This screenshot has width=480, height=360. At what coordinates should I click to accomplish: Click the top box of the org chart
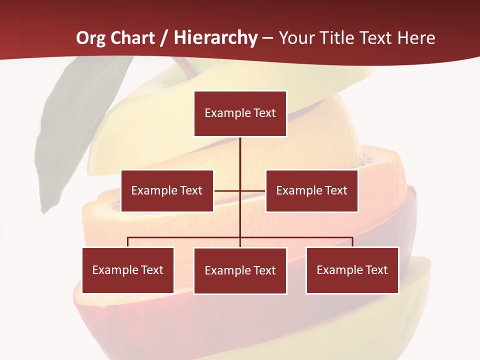tap(240, 113)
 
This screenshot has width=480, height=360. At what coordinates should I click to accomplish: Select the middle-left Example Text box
tap(167, 190)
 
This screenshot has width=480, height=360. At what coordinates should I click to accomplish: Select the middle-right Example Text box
tap(311, 190)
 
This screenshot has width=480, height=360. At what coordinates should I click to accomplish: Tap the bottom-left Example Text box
tap(128, 270)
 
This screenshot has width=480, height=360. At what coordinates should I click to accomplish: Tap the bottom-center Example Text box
tap(240, 270)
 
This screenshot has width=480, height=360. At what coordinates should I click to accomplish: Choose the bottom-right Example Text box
tap(352, 270)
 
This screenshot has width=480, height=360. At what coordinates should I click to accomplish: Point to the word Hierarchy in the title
tap(215, 38)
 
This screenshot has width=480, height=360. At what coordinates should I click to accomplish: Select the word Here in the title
tap(416, 38)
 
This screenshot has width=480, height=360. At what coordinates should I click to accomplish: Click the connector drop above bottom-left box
tap(128, 242)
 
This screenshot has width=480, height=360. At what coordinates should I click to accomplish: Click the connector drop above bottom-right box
tap(352, 242)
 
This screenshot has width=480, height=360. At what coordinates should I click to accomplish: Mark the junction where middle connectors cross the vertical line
tap(240, 191)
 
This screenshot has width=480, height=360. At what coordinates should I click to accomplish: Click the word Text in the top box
tap(264, 113)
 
